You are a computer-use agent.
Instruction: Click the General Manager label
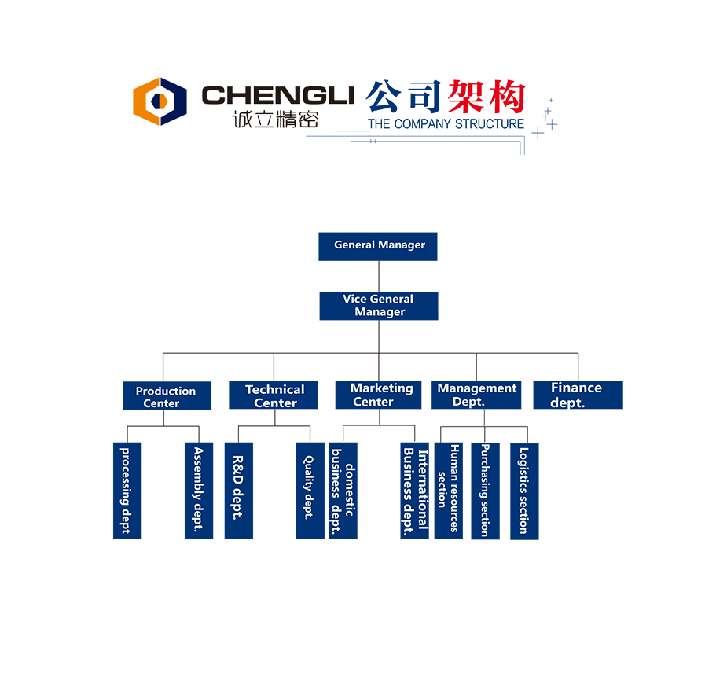tap(380, 245)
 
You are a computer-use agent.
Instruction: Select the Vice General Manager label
tap(379, 305)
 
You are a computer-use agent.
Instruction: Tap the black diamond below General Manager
tap(379, 276)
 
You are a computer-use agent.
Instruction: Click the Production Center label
tap(165, 397)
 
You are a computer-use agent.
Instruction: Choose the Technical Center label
tap(274, 395)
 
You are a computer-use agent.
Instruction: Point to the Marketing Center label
tap(381, 395)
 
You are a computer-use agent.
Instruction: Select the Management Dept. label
tap(476, 395)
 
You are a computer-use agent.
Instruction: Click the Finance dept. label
tap(575, 395)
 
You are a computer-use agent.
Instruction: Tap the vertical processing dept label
tap(125, 491)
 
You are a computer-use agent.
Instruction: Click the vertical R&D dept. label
tap(237, 487)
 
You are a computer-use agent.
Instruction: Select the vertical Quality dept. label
tap(308, 487)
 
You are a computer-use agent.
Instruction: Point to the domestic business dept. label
tap(343, 491)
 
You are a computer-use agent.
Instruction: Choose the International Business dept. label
tap(415, 491)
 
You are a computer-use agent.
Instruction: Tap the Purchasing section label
tap(484, 491)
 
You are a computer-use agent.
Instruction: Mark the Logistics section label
tap(523, 491)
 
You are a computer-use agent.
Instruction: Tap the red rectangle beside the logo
tap(494, 97)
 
